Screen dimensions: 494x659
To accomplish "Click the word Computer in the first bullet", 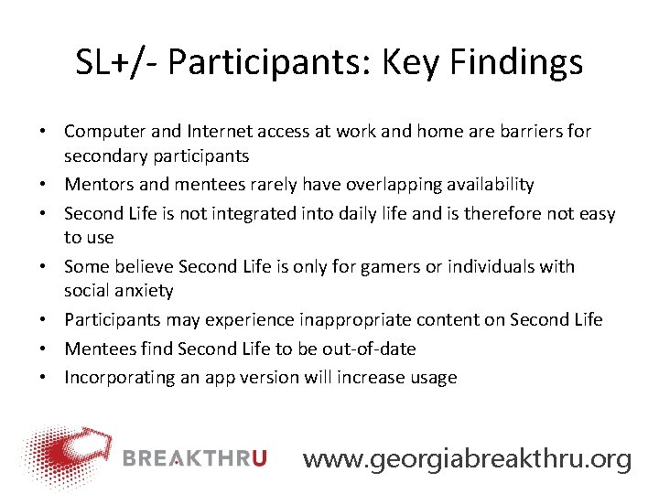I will point(101,131).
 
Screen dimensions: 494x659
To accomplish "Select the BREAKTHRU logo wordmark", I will point(193,458).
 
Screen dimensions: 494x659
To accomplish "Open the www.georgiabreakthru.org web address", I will point(467,458).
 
